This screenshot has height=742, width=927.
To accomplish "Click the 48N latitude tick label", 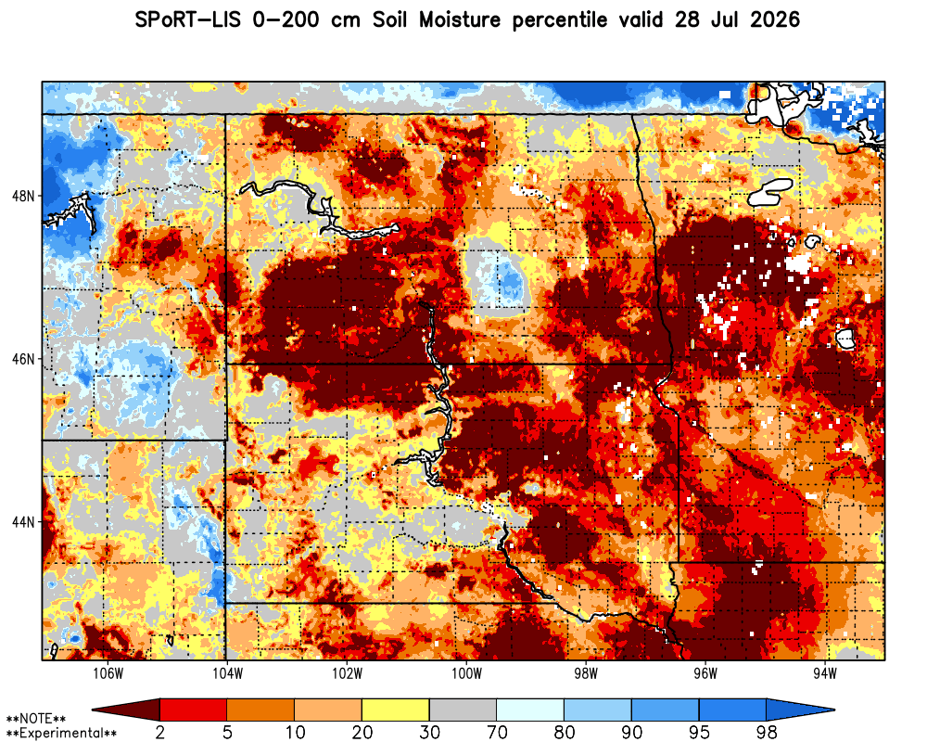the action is tap(23, 196).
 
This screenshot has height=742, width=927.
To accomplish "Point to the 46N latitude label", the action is tap(23, 359).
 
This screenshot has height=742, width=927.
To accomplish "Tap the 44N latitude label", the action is tap(23, 522).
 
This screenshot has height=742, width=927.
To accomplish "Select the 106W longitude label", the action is tap(108, 673).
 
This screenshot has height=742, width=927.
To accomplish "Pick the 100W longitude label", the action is tap(466, 673).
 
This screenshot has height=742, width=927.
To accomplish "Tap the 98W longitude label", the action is tap(586, 673).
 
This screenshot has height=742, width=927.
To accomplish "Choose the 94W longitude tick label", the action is tap(825, 673).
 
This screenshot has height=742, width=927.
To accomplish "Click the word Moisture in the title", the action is tap(460, 20).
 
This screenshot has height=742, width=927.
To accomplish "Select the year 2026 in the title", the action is tap(774, 20).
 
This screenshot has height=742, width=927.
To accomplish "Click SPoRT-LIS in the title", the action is tap(188, 20).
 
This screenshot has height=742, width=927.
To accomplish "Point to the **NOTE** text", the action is tap(35, 719).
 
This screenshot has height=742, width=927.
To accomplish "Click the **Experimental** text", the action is tap(61, 733).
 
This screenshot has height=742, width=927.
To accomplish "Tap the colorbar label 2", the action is tap(159, 733).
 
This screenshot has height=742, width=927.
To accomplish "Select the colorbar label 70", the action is tap(497, 733).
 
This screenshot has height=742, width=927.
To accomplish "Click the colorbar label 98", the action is tap(767, 733).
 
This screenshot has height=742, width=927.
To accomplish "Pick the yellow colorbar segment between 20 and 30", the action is tap(396, 709).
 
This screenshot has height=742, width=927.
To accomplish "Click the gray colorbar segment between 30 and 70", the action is tap(463, 709).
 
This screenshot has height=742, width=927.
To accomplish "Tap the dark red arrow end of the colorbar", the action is tap(126, 709).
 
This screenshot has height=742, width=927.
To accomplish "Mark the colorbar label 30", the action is tap(429, 733).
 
